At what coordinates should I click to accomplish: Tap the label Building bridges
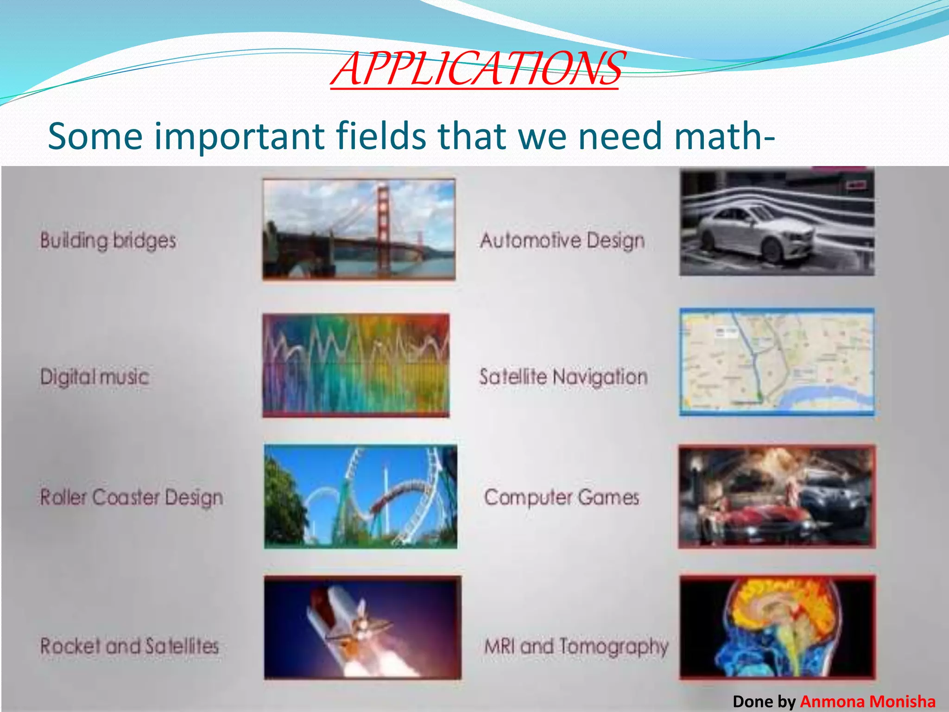tap(108, 241)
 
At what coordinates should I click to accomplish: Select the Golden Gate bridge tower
tap(383, 222)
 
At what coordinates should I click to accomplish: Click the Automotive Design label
tap(562, 241)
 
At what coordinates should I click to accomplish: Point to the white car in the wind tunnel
tap(755, 234)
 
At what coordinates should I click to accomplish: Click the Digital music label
tap(95, 376)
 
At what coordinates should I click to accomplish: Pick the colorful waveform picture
tap(356, 365)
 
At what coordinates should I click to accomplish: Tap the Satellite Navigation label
tap(563, 377)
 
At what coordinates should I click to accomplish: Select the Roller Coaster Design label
tap(132, 497)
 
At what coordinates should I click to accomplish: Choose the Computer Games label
tap(562, 497)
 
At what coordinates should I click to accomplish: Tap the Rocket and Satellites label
tap(129, 646)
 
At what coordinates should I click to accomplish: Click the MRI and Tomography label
tap(576, 646)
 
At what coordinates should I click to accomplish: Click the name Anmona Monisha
tap(867, 701)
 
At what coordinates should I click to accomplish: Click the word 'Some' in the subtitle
tap(95, 136)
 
